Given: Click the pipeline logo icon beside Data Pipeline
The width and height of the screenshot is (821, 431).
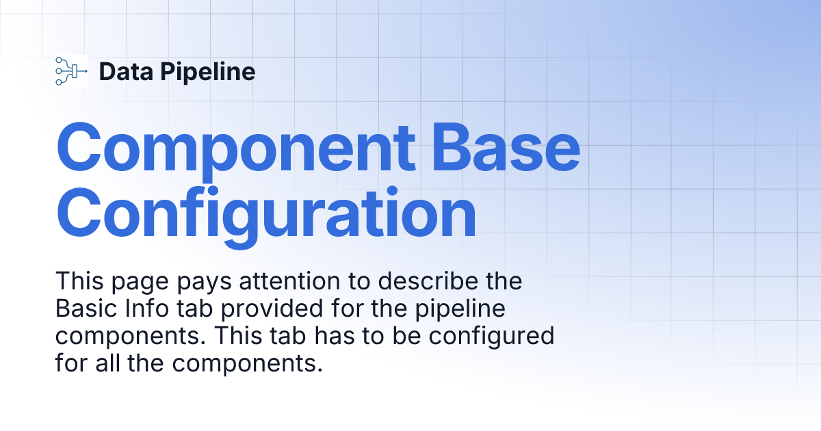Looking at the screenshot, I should point(70,71).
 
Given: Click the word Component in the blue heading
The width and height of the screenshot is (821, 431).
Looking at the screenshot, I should point(235,148).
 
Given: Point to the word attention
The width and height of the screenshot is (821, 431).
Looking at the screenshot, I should point(287,281).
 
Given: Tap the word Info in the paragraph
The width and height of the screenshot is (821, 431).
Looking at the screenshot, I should point(133,309).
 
